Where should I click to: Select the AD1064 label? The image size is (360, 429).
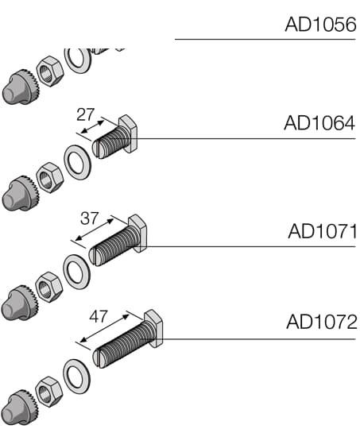point(319,124)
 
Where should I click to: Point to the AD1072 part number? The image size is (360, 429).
point(321,323)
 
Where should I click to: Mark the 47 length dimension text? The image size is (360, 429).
point(98,316)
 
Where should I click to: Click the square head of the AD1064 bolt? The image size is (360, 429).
point(129,133)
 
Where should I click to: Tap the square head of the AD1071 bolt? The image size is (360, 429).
point(138,233)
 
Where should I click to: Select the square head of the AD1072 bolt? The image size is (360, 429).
point(154,328)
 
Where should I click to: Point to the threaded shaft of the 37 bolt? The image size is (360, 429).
point(114,246)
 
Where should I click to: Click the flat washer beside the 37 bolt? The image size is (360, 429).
point(77,270)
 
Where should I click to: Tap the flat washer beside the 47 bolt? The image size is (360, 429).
point(77,376)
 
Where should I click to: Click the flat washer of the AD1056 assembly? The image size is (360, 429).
point(78,60)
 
